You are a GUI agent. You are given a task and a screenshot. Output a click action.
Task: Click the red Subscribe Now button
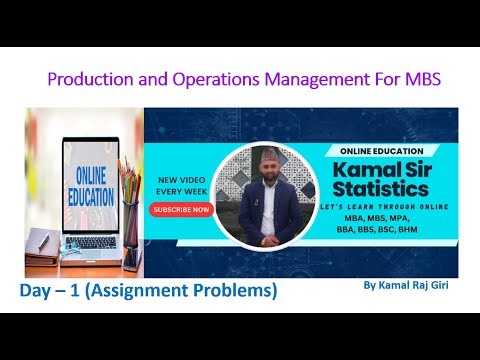click(181, 210)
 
